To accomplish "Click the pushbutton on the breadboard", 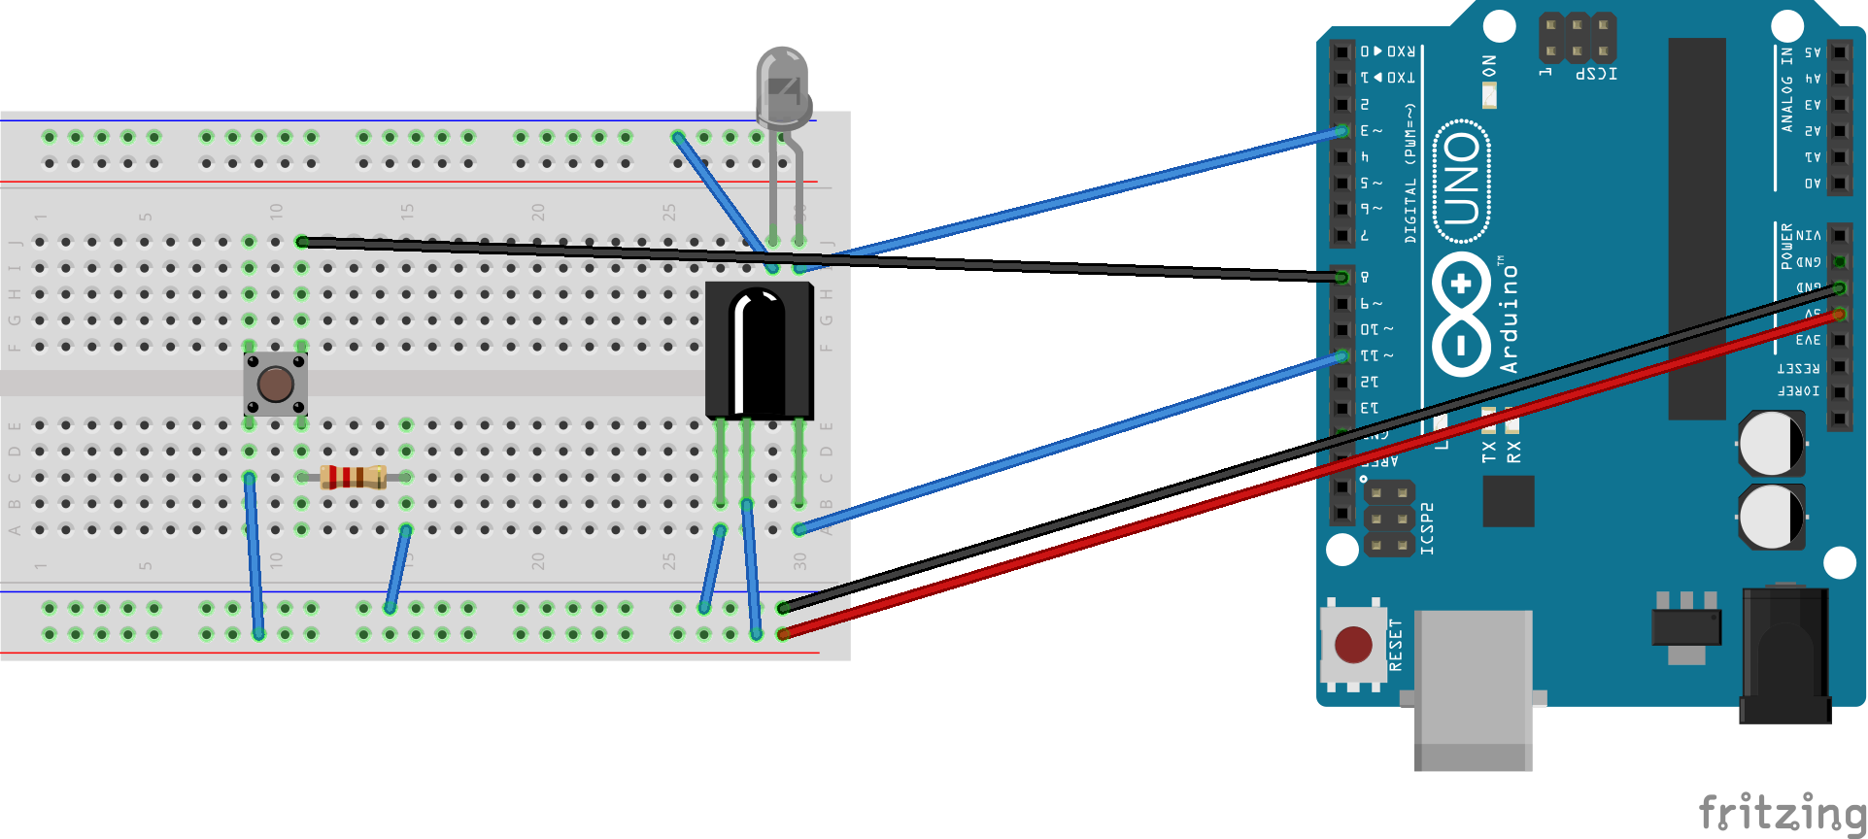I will pyautogui.click(x=275, y=385).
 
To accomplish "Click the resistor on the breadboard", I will pyautogui.click(x=353, y=477).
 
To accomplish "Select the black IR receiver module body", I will pyautogui.click(x=759, y=350).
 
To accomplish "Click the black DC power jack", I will pyautogui.click(x=1784, y=654).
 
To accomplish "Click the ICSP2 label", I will pyautogui.click(x=1427, y=529).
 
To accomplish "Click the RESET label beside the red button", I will pyautogui.click(x=1396, y=645).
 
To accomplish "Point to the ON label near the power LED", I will pyautogui.click(x=1489, y=66).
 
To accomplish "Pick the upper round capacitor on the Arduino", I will pyautogui.click(x=1771, y=444).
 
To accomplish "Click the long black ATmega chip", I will pyautogui.click(x=1697, y=228).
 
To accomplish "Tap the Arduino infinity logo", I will pyautogui.click(x=1461, y=314).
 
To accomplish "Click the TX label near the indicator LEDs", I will pyautogui.click(x=1489, y=452).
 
